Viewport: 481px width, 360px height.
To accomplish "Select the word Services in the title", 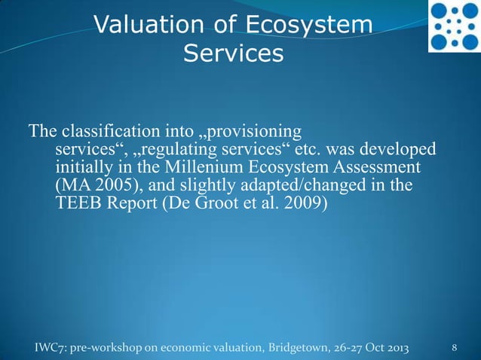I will (233, 54).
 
